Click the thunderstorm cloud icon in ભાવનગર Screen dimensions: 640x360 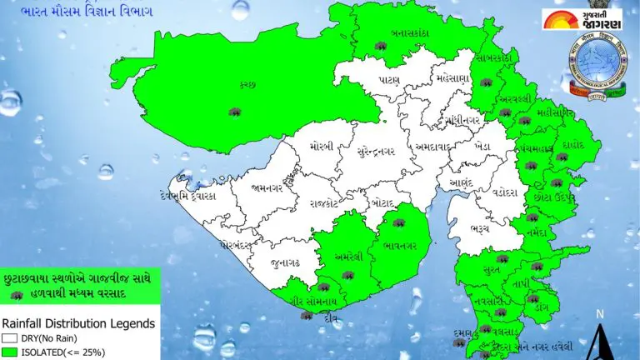click(399, 224)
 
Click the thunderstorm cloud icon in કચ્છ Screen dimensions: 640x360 click(235, 112)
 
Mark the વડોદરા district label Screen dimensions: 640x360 click(505, 192)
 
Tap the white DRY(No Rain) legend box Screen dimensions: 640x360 click(10, 339)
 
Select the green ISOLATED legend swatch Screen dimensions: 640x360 click(10, 353)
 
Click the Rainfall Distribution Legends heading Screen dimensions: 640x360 click(78, 322)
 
